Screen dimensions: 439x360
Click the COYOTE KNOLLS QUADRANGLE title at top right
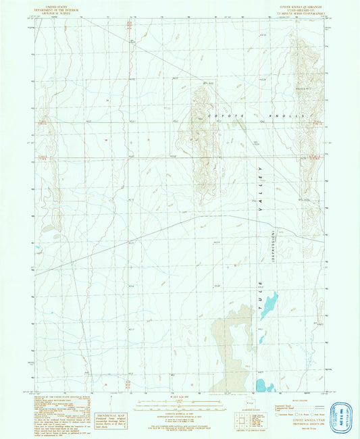tap(297, 8)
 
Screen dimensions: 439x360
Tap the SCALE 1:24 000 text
tap(179, 396)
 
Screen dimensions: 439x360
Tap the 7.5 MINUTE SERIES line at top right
tap(297, 16)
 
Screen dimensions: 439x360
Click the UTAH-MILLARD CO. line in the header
tap(297, 12)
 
